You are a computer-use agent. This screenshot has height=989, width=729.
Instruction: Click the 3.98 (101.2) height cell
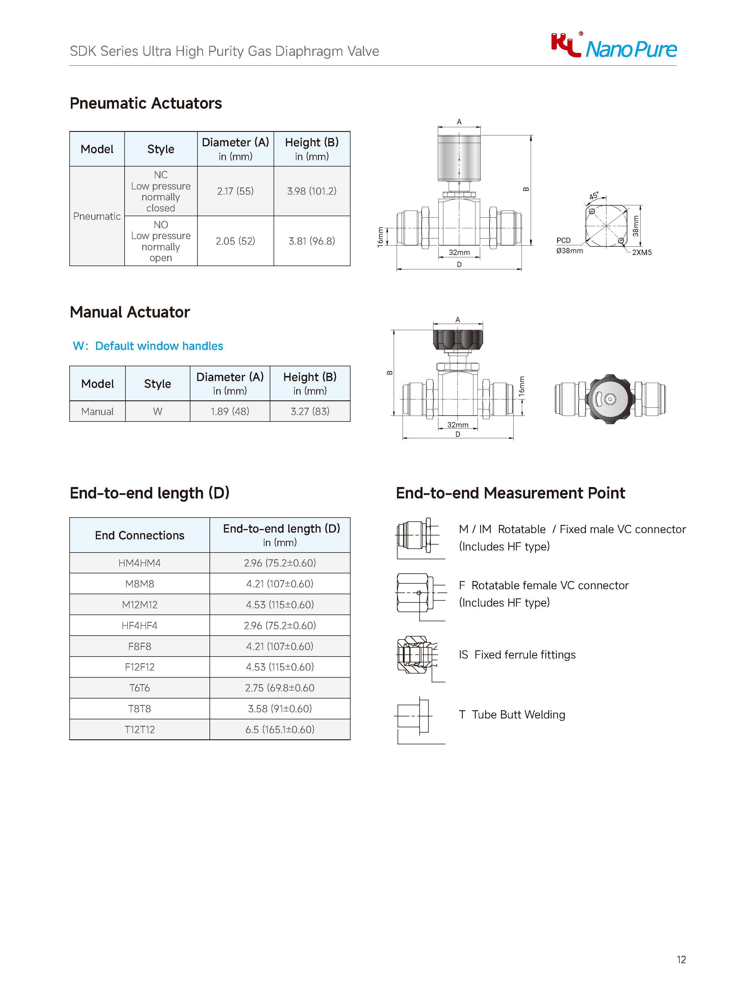click(x=311, y=191)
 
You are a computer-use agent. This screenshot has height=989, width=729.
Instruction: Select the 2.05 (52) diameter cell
click(x=235, y=241)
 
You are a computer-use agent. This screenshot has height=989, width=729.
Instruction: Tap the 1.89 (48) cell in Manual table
click(x=230, y=411)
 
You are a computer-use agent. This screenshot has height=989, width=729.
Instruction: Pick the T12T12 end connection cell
click(x=140, y=729)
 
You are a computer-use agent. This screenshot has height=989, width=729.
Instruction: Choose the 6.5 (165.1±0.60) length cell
click(x=280, y=729)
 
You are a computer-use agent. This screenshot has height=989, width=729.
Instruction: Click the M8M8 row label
click(x=140, y=584)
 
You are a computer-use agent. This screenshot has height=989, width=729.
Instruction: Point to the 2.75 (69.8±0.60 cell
click(x=280, y=688)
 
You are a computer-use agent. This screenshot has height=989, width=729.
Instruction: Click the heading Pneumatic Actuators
click(x=146, y=103)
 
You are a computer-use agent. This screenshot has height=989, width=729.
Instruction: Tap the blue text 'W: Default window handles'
click(x=148, y=346)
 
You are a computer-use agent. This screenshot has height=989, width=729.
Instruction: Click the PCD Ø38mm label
click(x=569, y=246)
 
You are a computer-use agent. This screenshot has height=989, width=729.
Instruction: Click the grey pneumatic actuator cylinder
click(x=459, y=157)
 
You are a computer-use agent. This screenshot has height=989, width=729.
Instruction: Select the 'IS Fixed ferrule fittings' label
click(x=517, y=655)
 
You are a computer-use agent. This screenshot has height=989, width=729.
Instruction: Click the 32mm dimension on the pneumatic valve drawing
click(x=459, y=252)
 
